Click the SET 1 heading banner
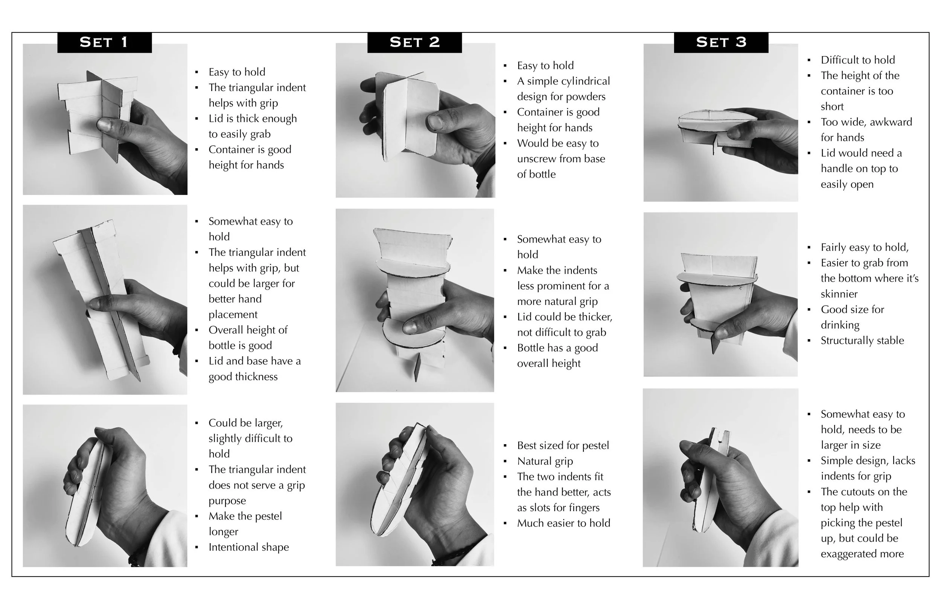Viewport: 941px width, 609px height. click(104, 42)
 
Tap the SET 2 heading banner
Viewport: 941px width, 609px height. click(414, 42)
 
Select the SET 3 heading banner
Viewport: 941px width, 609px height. click(721, 42)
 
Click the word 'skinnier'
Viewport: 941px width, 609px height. click(839, 294)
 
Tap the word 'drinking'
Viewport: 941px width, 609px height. click(840, 325)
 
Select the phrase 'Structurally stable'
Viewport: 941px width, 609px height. click(862, 341)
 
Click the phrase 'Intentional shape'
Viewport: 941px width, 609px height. click(249, 547)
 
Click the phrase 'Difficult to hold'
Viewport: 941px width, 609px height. click(857, 60)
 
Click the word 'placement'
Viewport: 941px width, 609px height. click(233, 315)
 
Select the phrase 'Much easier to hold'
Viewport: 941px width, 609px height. click(564, 523)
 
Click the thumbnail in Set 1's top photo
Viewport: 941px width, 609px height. click(104, 125)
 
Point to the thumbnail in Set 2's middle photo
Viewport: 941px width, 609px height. click(410, 326)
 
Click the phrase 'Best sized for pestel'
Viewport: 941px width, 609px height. click(563, 446)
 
